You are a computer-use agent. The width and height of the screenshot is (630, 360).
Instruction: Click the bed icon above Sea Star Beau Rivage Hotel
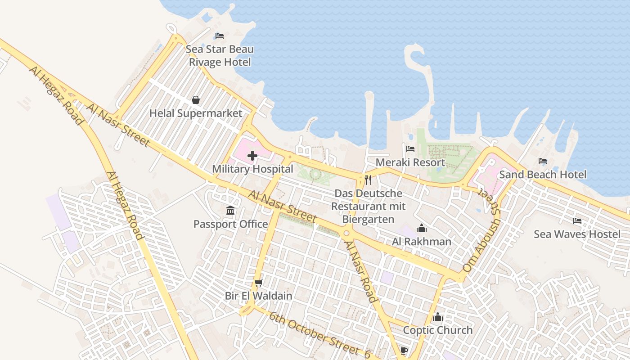(220, 36)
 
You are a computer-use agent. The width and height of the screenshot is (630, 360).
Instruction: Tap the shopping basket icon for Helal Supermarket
(196, 100)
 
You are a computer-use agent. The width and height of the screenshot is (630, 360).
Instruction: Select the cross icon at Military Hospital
(252, 156)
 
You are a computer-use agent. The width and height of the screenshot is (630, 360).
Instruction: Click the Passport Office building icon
(230, 210)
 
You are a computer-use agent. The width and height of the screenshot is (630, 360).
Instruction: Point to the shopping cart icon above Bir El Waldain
(258, 283)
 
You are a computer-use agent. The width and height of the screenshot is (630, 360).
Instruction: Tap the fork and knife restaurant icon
(368, 180)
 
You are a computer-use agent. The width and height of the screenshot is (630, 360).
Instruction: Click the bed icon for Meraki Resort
(410, 148)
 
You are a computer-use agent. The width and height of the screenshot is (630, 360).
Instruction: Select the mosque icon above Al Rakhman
(421, 228)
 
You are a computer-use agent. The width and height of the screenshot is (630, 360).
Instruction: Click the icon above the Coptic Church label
(437, 317)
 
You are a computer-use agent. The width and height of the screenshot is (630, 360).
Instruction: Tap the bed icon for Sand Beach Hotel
(543, 161)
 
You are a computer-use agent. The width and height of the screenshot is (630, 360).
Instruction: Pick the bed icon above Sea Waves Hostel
(577, 221)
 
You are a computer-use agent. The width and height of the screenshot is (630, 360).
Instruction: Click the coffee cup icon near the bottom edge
(404, 351)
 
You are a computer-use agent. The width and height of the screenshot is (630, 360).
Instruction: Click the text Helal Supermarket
(196, 113)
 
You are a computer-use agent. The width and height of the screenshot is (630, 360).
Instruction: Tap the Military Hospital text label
(252, 169)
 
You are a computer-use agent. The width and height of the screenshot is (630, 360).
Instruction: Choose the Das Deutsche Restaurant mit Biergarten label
(368, 206)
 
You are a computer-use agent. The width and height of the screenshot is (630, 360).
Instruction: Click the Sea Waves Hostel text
(577, 234)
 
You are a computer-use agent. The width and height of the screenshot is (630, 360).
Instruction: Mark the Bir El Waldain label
(258, 296)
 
